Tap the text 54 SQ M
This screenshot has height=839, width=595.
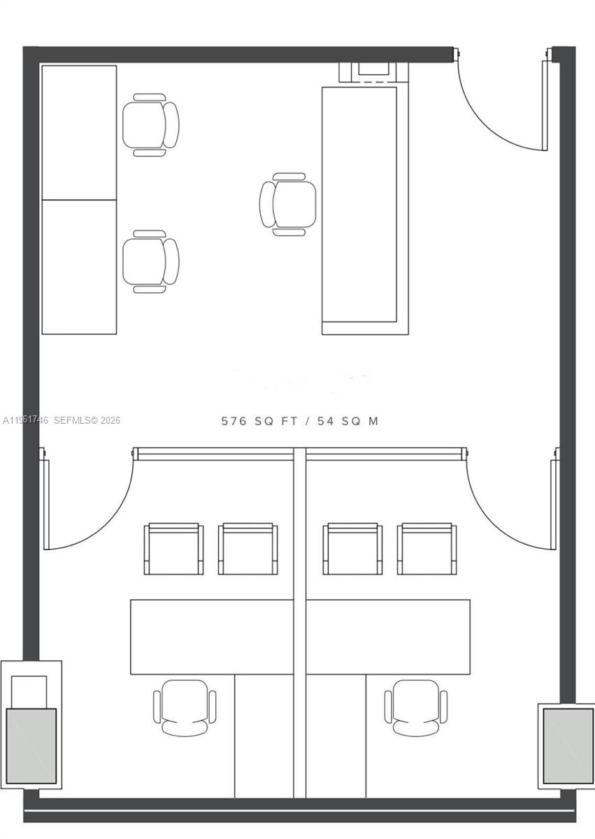pos(347,421)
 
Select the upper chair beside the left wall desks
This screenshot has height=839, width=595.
pos(150,125)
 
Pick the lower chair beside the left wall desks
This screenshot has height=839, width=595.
pos(150,261)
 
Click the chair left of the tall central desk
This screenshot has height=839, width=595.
pos(287,204)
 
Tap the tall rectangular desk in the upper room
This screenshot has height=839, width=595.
pos(359,210)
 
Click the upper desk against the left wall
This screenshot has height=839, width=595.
pos(79,132)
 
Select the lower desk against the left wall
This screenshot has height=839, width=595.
pos(79,267)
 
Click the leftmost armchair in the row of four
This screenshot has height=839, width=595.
pos(173,550)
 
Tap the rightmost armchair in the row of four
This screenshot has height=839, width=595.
pos(426,550)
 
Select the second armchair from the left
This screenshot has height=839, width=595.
pos(248,550)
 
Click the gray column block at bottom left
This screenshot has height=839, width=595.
pos(31,745)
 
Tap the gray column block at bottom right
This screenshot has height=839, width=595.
pos(568,745)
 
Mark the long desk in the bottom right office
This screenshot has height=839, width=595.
pos(388,636)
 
